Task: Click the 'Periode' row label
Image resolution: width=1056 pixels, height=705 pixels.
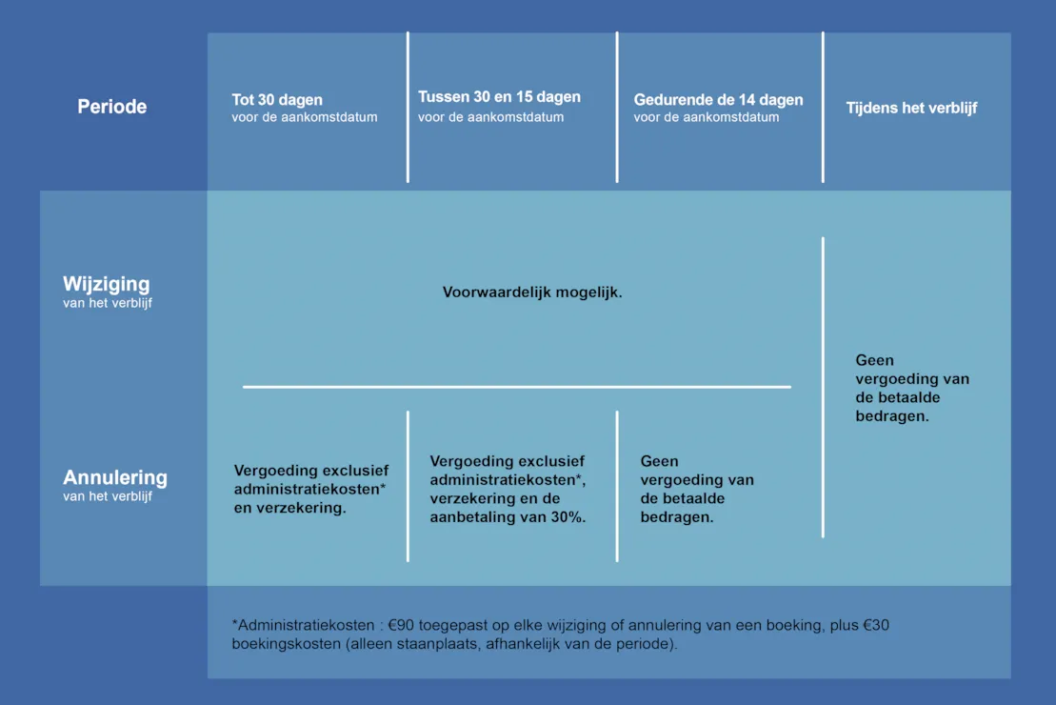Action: (x=111, y=107)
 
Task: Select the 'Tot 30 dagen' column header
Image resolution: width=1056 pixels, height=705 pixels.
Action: (x=277, y=100)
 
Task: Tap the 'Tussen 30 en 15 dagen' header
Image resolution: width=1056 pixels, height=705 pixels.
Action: (x=499, y=97)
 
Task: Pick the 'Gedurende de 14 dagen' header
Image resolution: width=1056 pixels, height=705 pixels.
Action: (x=718, y=100)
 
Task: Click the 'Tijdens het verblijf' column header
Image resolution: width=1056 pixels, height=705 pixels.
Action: (x=911, y=108)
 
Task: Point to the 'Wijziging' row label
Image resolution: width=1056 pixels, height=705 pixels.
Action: (x=107, y=284)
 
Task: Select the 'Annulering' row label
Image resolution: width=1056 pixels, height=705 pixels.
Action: (x=115, y=477)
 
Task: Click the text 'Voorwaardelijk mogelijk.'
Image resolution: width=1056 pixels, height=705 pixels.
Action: (x=532, y=292)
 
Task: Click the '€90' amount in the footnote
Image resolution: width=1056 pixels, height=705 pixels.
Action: (x=402, y=626)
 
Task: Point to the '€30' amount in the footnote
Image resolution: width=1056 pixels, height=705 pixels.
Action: (x=875, y=626)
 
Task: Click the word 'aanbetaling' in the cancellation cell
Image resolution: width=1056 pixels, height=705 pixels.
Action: (x=471, y=517)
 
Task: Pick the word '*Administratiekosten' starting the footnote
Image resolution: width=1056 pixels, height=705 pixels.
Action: (x=303, y=626)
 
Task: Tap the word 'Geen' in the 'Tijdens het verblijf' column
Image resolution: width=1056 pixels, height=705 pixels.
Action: (x=874, y=360)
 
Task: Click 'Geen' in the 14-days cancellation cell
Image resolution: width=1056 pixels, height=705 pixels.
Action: (x=659, y=462)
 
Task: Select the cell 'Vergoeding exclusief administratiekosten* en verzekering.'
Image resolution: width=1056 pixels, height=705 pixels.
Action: (x=311, y=490)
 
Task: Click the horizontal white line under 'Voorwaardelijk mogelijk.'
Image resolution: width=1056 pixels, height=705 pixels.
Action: (x=516, y=387)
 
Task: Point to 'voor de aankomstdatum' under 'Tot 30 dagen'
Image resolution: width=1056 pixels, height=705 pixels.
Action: (x=305, y=117)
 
